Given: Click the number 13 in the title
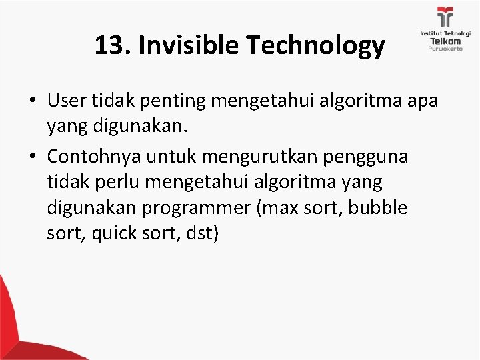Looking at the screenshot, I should [109, 45].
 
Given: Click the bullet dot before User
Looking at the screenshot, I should [33, 101].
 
